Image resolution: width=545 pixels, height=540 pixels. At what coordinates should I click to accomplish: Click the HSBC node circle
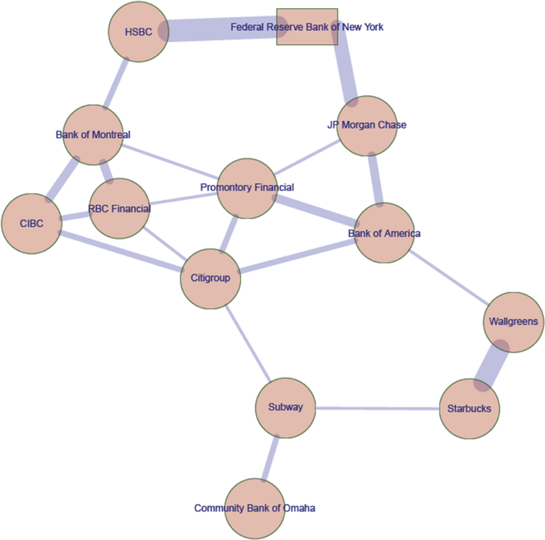(139, 32)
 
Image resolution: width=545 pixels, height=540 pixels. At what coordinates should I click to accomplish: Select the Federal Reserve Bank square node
(307, 27)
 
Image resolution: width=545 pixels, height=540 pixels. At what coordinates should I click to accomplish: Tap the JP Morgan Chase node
(367, 126)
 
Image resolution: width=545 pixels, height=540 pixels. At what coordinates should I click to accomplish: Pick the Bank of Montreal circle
(93, 135)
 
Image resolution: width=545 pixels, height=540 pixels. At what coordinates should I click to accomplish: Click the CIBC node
(32, 224)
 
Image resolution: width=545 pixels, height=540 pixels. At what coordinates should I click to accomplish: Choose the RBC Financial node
(119, 209)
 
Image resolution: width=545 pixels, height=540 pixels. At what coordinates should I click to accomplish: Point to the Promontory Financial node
(247, 188)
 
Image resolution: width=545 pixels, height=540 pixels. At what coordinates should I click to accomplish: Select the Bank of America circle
(384, 233)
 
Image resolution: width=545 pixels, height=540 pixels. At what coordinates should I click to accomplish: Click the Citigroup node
(210, 279)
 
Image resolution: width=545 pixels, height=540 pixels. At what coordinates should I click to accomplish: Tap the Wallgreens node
(513, 322)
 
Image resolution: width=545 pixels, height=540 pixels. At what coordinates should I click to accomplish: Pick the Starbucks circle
(469, 409)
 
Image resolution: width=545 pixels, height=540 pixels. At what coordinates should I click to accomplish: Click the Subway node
(285, 408)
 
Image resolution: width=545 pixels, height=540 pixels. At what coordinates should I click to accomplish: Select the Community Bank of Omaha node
(255, 508)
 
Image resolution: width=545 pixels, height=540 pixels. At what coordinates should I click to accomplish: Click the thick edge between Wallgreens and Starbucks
(491, 366)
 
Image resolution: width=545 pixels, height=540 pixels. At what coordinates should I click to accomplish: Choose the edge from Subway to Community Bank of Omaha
(270, 458)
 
